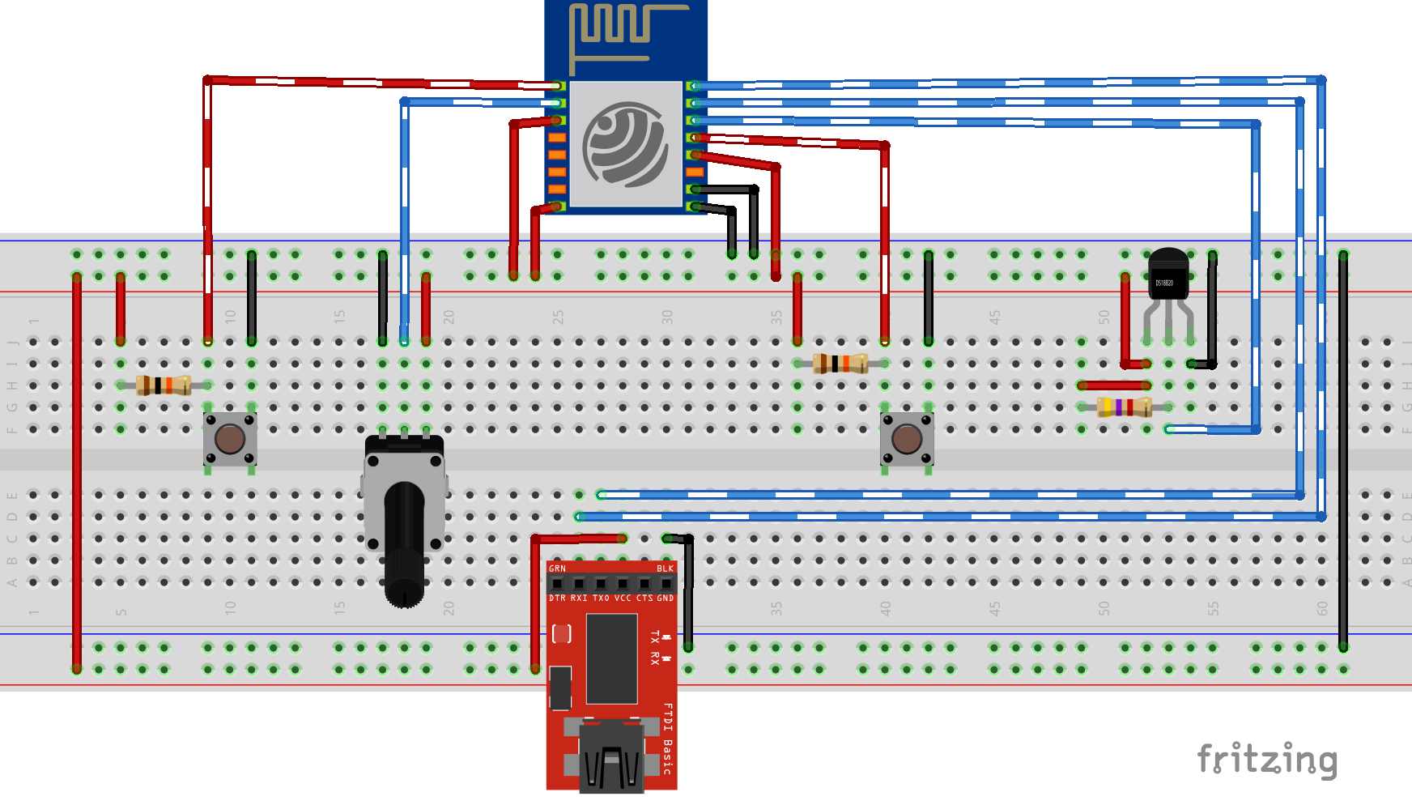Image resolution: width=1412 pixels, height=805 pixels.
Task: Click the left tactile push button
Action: (x=230, y=440)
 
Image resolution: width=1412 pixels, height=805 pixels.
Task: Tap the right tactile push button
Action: (x=907, y=440)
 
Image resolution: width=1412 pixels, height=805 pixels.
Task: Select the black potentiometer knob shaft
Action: (x=404, y=543)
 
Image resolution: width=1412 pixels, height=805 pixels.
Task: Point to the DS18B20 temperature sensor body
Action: (x=1167, y=275)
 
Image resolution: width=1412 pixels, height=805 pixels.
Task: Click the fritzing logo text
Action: (x=1267, y=760)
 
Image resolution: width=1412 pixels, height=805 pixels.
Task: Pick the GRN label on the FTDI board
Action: (x=558, y=569)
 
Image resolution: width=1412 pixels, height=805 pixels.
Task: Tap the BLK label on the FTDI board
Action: (x=665, y=569)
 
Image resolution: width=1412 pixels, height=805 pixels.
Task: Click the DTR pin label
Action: (x=558, y=598)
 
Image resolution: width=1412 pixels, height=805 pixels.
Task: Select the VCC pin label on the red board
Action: (x=623, y=598)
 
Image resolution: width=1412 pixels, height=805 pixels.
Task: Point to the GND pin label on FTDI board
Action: (x=665, y=598)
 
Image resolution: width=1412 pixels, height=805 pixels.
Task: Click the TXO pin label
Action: (x=601, y=598)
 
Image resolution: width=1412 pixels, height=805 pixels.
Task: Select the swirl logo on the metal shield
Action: (x=626, y=144)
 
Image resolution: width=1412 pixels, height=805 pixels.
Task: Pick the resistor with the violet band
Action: (x=1125, y=407)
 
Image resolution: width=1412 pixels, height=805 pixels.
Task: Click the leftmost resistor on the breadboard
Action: (x=164, y=385)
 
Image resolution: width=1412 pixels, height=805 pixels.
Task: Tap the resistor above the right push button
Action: (x=840, y=364)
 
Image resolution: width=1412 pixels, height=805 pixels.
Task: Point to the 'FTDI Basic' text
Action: (x=667, y=739)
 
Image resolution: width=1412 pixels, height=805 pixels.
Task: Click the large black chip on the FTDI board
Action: (x=611, y=658)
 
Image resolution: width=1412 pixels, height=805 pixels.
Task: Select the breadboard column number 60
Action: (x=1322, y=608)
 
